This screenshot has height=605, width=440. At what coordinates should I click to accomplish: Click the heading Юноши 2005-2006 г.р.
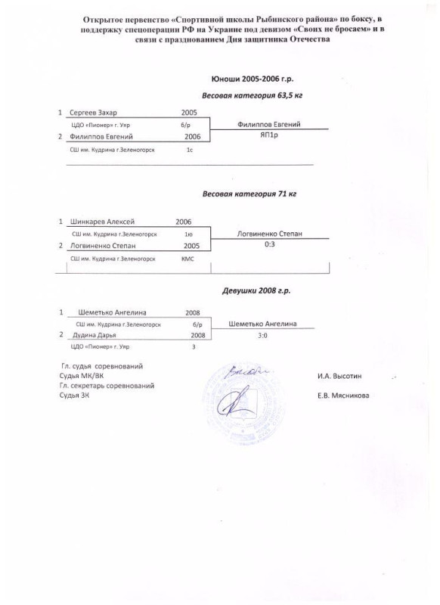click(253, 79)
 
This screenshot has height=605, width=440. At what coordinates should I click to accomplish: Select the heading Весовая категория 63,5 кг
click(253, 95)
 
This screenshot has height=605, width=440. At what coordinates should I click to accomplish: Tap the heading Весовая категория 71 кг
click(249, 194)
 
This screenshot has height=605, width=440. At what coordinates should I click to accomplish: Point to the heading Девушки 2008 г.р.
click(256, 290)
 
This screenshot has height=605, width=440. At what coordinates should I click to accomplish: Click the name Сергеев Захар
click(93, 113)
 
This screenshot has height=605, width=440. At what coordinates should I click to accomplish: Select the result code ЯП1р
click(269, 135)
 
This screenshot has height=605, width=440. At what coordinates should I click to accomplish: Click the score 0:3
click(270, 244)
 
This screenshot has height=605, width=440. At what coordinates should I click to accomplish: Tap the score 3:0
click(262, 336)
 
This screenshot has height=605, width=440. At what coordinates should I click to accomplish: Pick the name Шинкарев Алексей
click(102, 222)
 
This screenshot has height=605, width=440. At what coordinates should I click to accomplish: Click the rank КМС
click(187, 259)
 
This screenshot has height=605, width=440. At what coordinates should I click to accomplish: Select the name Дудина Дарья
click(94, 335)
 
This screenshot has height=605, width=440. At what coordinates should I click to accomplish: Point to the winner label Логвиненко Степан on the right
click(270, 234)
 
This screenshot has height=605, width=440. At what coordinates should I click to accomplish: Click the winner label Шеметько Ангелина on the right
click(262, 324)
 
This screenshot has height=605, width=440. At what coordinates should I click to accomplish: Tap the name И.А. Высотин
click(339, 376)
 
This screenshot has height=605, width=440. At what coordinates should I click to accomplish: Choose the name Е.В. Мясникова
click(343, 395)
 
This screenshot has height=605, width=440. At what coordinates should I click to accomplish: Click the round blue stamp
click(243, 402)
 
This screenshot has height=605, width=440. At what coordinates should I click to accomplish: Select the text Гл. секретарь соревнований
click(107, 386)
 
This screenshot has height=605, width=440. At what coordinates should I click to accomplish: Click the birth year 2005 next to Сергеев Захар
click(189, 113)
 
